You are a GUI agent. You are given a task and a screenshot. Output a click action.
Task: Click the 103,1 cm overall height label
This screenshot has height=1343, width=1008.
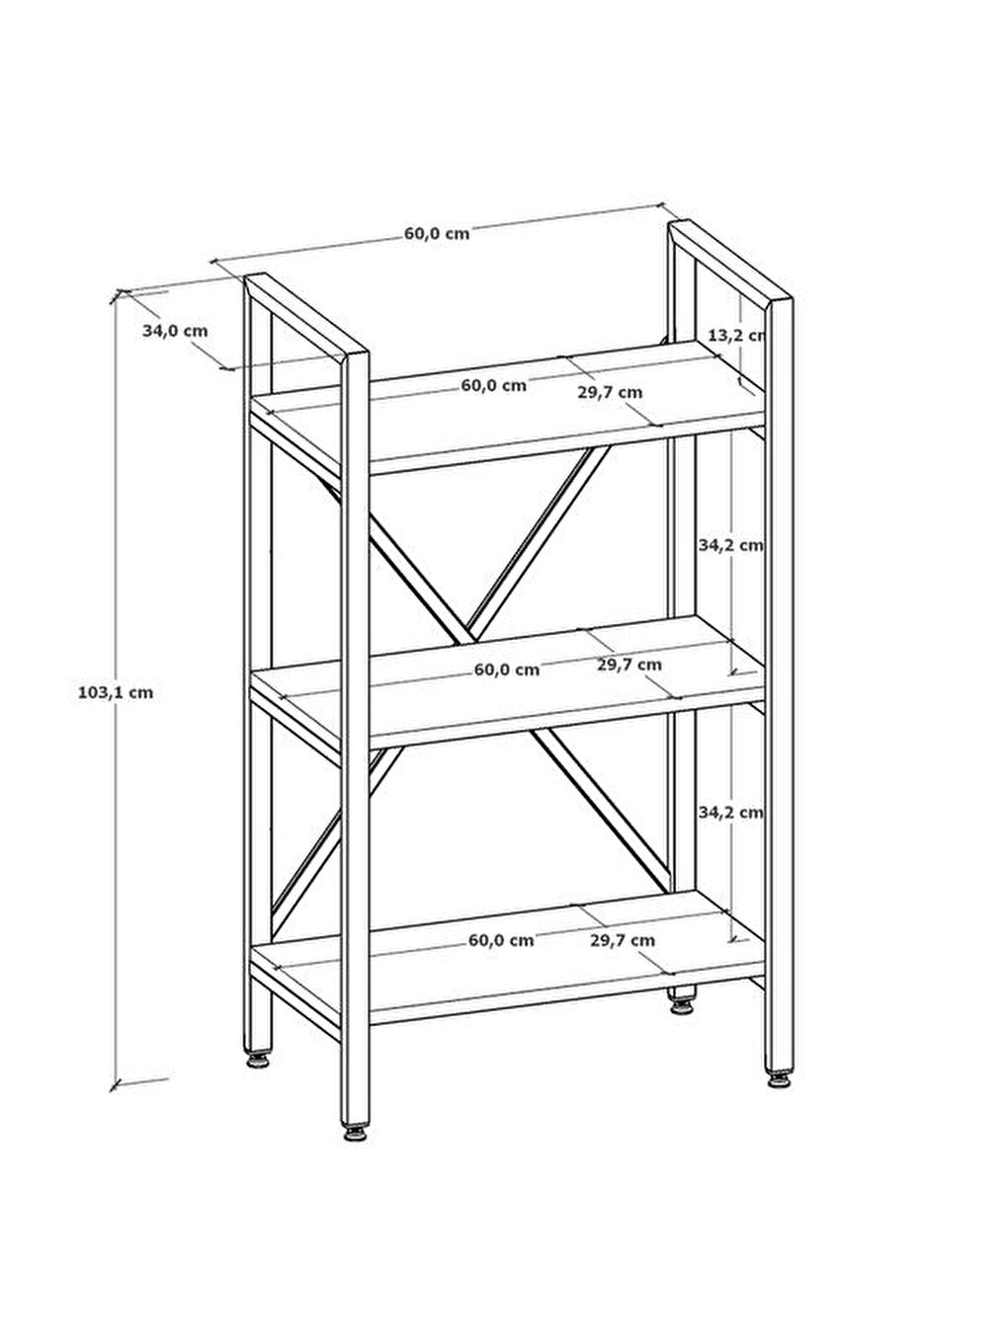(x=116, y=693)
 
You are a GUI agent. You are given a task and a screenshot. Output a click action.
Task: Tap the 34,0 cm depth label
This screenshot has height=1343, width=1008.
(x=175, y=331)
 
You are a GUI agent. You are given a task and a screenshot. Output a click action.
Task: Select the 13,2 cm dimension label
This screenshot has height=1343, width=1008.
(x=736, y=336)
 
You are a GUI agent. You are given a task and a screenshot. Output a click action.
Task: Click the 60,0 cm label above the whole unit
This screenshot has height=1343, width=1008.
(x=437, y=233)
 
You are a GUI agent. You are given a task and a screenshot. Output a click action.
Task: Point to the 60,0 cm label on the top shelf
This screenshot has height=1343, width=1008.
(x=493, y=385)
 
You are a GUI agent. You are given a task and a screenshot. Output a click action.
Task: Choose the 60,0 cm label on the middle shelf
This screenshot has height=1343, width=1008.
(x=507, y=670)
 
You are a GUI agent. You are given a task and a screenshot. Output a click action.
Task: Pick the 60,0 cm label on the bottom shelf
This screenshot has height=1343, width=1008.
(x=501, y=940)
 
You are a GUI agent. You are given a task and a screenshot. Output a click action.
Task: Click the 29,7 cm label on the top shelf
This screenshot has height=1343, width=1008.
(x=610, y=392)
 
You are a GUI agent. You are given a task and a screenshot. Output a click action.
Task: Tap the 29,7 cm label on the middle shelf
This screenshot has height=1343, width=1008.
(x=630, y=665)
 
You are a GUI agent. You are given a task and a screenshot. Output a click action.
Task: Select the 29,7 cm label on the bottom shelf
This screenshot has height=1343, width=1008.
(x=623, y=940)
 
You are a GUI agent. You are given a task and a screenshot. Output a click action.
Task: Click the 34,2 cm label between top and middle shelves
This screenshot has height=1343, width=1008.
(x=731, y=544)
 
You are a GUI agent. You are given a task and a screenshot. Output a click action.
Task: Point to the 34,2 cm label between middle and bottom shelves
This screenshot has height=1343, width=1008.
(x=731, y=812)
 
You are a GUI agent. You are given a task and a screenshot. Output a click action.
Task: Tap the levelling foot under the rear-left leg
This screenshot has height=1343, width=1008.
(x=258, y=1060)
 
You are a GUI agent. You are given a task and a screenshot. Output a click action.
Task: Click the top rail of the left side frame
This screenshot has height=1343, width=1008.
(x=306, y=316)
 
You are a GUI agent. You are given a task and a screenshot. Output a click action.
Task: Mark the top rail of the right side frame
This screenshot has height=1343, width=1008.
(x=730, y=263)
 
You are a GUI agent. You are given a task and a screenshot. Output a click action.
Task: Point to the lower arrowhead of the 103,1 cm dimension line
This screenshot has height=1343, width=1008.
(x=115, y=1083)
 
